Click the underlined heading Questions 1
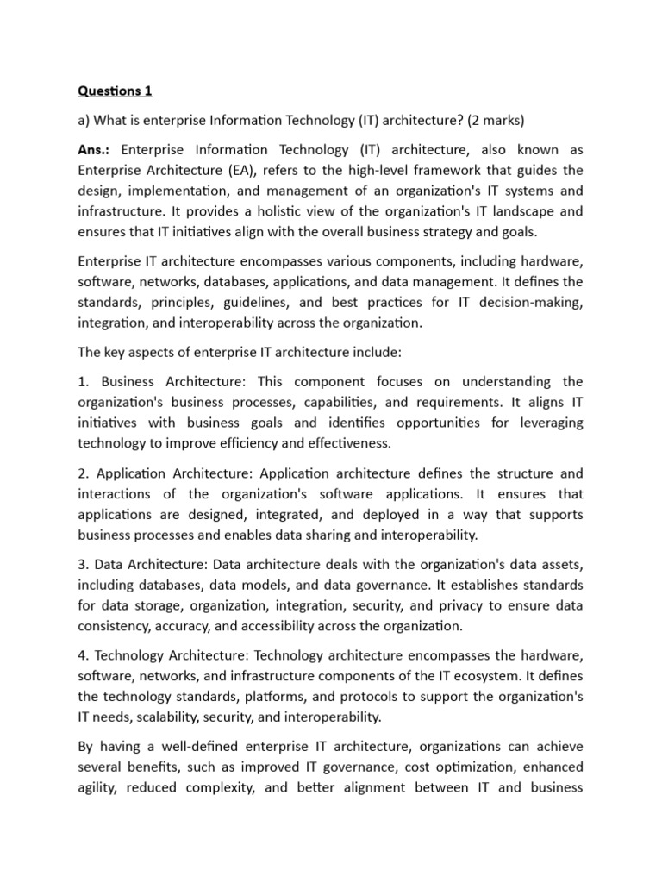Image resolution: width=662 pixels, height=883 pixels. coord(115,91)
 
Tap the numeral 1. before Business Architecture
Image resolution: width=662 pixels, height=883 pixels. coord(84,381)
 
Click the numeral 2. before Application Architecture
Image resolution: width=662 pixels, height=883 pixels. coord(84,473)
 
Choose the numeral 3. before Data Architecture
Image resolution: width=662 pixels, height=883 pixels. coord(84,565)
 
